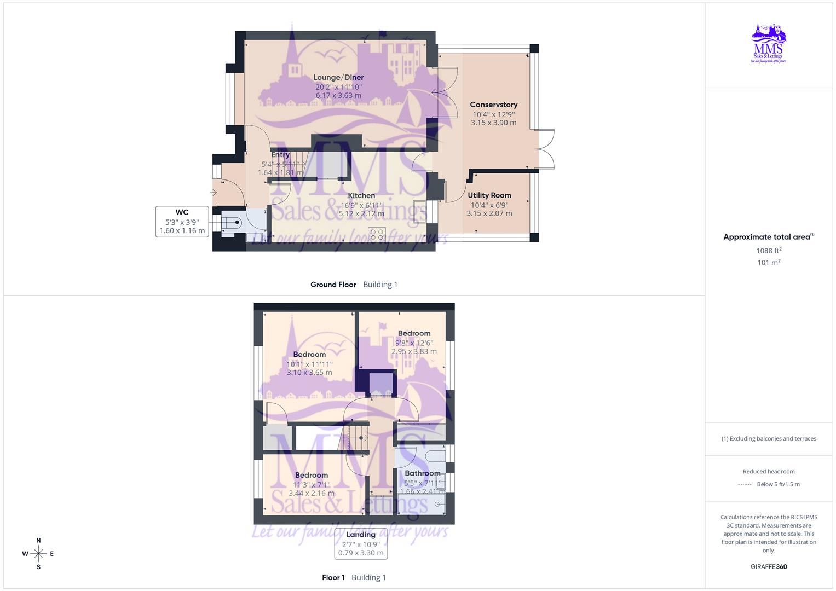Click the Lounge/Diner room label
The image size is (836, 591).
pyautogui.click(x=338, y=78)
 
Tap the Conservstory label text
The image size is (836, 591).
pyautogui.click(x=493, y=105)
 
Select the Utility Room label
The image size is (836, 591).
pyautogui.click(x=489, y=195)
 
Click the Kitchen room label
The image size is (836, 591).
pyautogui.click(x=361, y=195)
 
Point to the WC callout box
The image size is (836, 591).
pyautogui.click(x=182, y=222)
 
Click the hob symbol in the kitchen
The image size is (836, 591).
pyautogui.click(x=377, y=234)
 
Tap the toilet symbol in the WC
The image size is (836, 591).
pyautogui.click(x=233, y=222)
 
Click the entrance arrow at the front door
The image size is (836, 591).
pyautogui.click(x=214, y=193)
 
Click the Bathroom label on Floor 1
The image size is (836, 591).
pyautogui.click(x=422, y=473)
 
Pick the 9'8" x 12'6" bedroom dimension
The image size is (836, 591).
pyautogui.click(x=414, y=343)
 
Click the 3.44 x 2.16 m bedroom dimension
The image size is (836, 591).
pyautogui.click(x=311, y=493)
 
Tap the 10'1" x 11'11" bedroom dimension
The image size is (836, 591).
pyautogui.click(x=309, y=364)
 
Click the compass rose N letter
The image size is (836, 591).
pyautogui.click(x=38, y=541)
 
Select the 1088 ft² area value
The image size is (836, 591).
pyautogui.click(x=769, y=251)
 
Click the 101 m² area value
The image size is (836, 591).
pyautogui.click(x=769, y=263)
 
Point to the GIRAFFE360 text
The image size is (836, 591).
pyautogui.click(x=769, y=567)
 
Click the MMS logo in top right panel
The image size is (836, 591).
pyautogui.click(x=769, y=43)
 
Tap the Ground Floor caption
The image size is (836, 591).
pyautogui.click(x=333, y=285)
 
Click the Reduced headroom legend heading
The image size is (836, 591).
pyautogui.click(x=769, y=471)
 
